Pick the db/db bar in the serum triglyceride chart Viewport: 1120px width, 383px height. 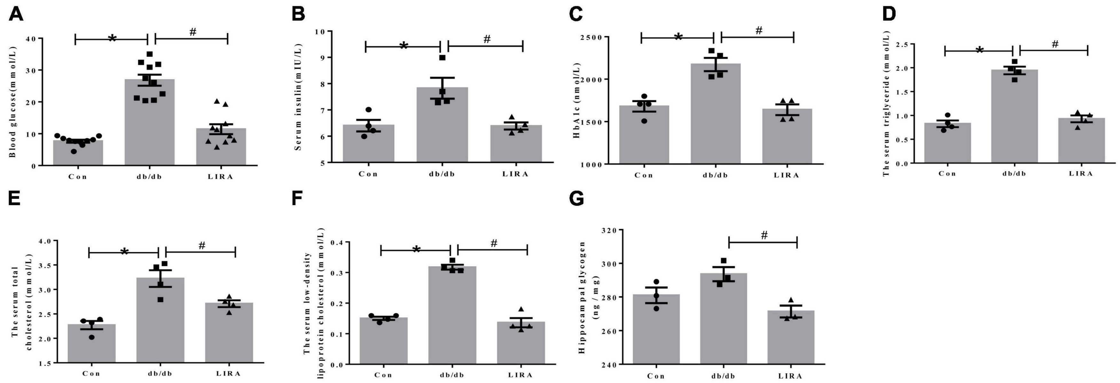(1014, 117)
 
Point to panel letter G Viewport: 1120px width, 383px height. (577, 199)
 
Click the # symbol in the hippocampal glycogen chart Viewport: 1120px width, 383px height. (764, 235)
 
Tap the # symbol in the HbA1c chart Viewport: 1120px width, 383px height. (759, 30)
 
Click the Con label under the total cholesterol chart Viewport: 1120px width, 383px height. (91, 373)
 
